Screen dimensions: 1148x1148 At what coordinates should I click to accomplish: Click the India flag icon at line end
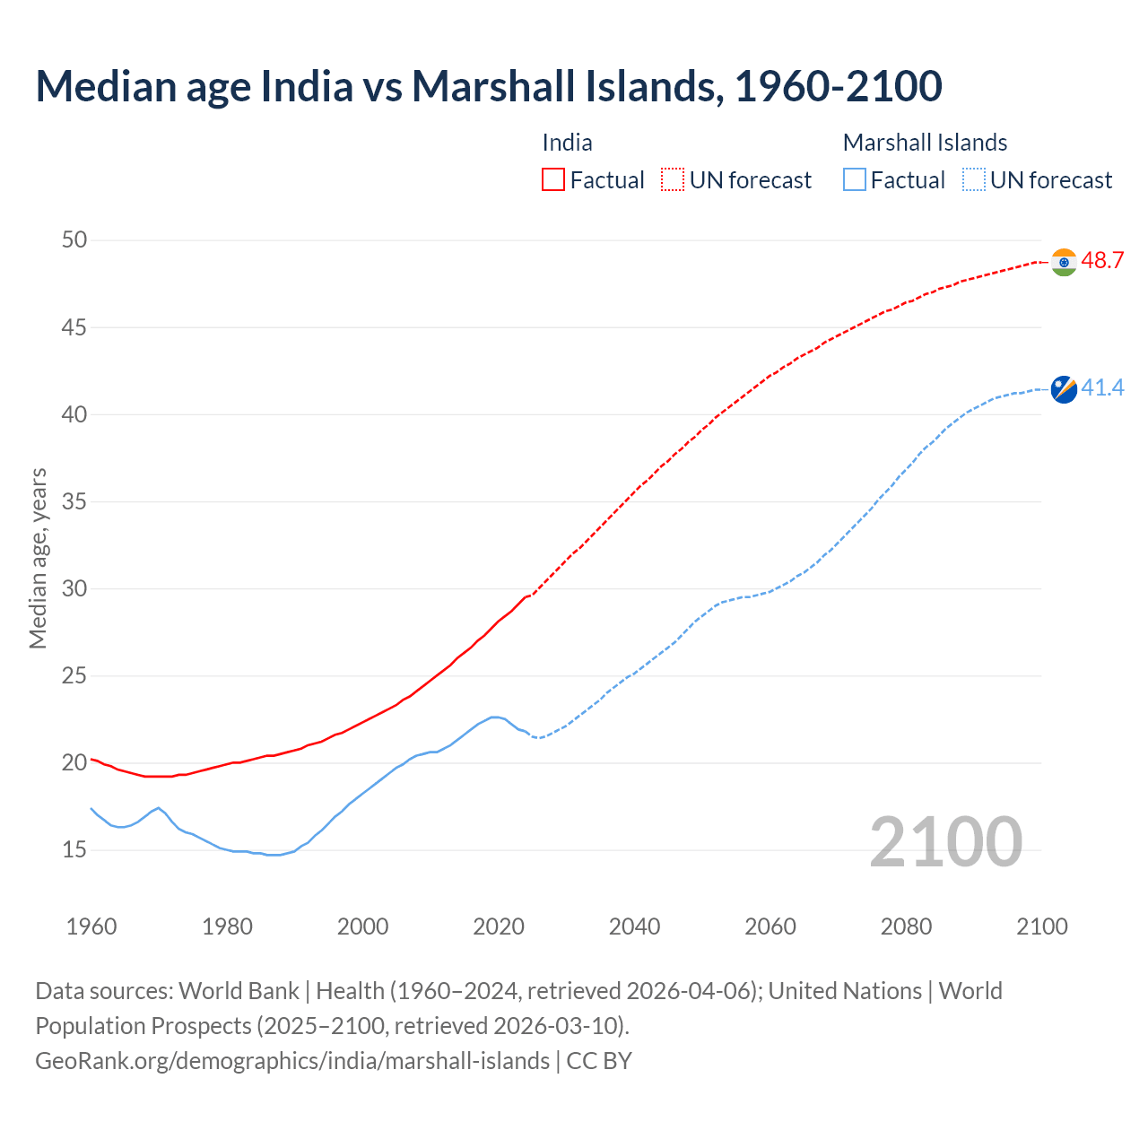point(1064,262)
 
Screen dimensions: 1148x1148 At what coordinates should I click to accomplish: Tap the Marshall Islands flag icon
point(1064,389)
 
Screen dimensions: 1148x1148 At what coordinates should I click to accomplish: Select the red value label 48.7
point(1102,261)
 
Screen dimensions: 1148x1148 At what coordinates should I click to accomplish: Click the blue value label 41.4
point(1102,388)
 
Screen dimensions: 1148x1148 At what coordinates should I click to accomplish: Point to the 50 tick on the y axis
point(74,240)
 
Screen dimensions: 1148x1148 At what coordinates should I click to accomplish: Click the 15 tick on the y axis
point(74,849)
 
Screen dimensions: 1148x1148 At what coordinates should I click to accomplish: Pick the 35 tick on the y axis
point(74,501)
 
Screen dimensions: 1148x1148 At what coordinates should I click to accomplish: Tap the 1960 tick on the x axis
point(91,926)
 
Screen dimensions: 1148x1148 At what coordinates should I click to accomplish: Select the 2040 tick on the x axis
point(634,926)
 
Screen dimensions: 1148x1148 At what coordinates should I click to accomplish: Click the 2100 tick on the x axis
point(1041,926)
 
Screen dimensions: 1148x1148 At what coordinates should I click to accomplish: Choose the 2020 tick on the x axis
point(499,926)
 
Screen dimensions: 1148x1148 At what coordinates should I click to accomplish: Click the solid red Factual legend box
point(553,180)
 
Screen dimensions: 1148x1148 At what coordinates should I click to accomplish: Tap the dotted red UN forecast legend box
point(673,180)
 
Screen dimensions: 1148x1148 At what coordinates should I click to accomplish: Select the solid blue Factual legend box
point(855,180)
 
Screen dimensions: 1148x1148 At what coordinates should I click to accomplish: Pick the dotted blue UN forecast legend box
point(974,180)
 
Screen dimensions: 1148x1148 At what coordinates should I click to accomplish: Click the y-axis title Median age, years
point(38,558)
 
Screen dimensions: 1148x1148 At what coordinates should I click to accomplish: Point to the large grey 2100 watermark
point(945,841)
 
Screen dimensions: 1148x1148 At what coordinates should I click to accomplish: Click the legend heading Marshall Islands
point(925,143)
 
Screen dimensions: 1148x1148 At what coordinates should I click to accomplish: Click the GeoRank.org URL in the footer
point(292,1061)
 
